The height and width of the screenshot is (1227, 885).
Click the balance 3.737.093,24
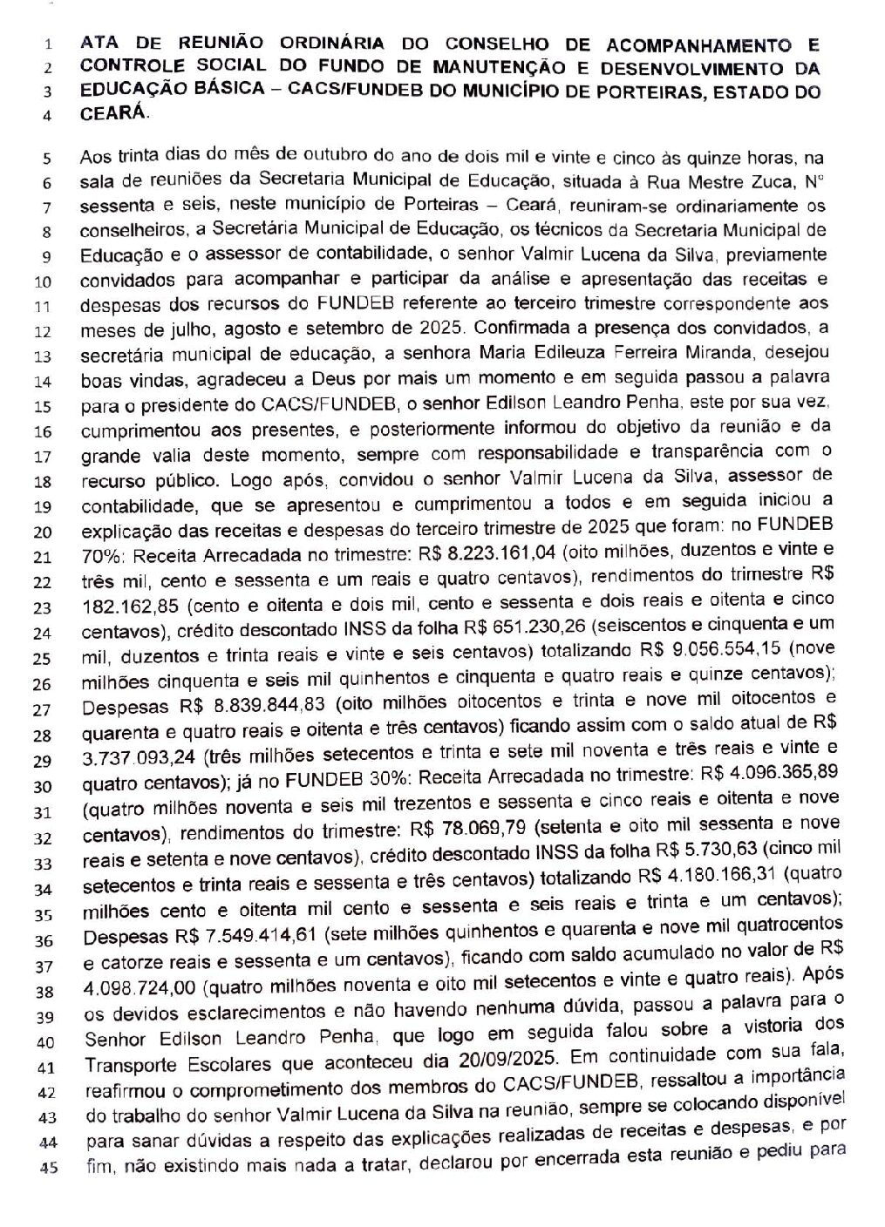tap(137, 751)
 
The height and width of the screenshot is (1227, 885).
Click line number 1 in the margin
tap(48, 42)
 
